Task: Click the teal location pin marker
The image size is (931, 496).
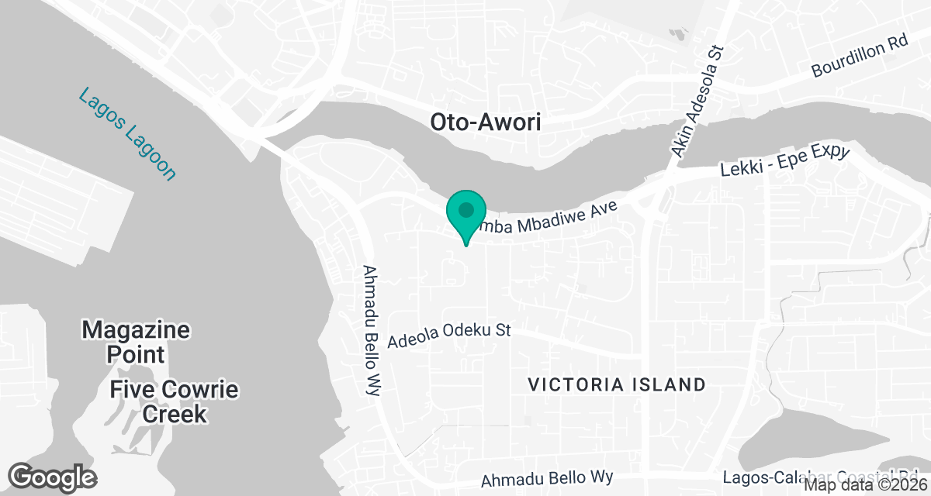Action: (x=465, y=212)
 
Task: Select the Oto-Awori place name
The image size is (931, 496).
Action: (x=485, y=122)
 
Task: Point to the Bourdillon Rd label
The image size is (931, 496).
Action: (x=860, y=57)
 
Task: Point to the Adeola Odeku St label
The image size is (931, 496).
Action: (x=448, y=336)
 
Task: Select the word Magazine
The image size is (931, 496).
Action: (x=136, y=330)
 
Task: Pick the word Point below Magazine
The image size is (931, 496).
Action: (x=136, y=355)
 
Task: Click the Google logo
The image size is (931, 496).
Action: (x=53, y=477)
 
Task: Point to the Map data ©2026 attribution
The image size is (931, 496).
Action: (x=866, y=486)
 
